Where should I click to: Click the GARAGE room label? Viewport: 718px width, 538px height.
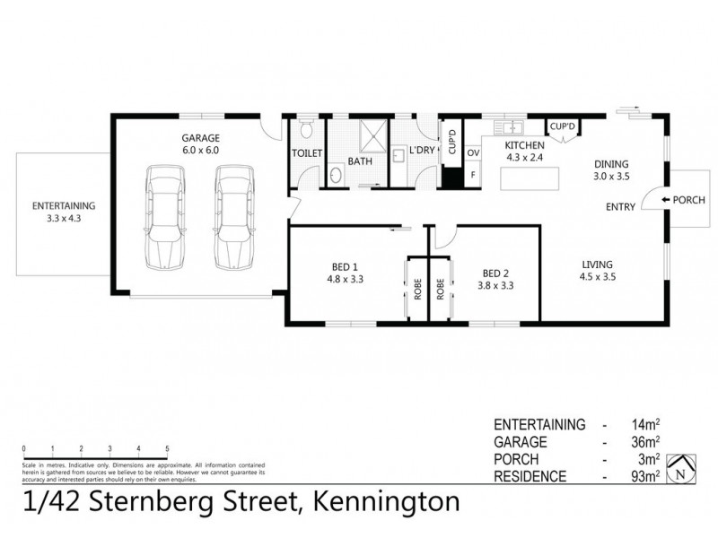[200, 138]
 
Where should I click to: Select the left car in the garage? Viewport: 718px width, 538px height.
[164, 217]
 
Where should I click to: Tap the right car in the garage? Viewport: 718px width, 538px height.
[232, 217]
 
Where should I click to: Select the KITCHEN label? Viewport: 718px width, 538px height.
[524, 145]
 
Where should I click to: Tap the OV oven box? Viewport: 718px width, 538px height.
[473, 153]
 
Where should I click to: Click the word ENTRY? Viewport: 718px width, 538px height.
[620, 207]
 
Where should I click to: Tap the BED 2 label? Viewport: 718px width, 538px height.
[497, 273]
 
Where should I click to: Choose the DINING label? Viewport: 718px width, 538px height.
[613, 164]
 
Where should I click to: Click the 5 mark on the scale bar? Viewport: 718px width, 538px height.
[167, 448]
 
